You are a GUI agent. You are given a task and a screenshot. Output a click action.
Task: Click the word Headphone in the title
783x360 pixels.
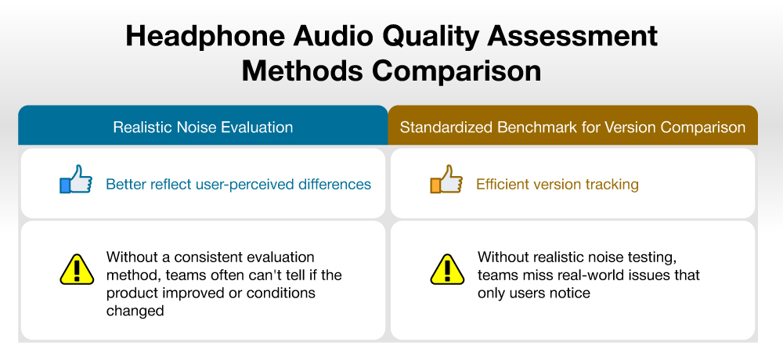click(205, 37)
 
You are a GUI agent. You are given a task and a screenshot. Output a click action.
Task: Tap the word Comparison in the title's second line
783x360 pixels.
click(456, 71)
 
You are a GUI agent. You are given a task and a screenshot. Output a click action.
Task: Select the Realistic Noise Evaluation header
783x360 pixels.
click(203, 127)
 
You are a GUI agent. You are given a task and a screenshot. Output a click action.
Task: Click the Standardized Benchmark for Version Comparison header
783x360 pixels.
click(573, 127)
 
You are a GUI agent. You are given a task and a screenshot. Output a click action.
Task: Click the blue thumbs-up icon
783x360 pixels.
click(76, 179)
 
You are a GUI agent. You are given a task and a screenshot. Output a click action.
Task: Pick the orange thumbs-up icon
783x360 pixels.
click(446, 179)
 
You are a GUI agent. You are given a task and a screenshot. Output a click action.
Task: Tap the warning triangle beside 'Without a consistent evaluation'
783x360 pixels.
click(77, 270)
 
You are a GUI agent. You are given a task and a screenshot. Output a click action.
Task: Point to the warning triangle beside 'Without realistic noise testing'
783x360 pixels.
click(447, 270)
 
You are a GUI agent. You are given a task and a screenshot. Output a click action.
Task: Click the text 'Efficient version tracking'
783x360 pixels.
click(557, 184)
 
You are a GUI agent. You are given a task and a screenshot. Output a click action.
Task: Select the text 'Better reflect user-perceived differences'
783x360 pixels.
click(238, 184)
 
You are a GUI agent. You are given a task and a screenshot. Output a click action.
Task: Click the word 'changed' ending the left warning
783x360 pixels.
click(135, 311)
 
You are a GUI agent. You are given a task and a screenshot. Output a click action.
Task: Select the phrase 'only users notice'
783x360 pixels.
click(534, 293)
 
